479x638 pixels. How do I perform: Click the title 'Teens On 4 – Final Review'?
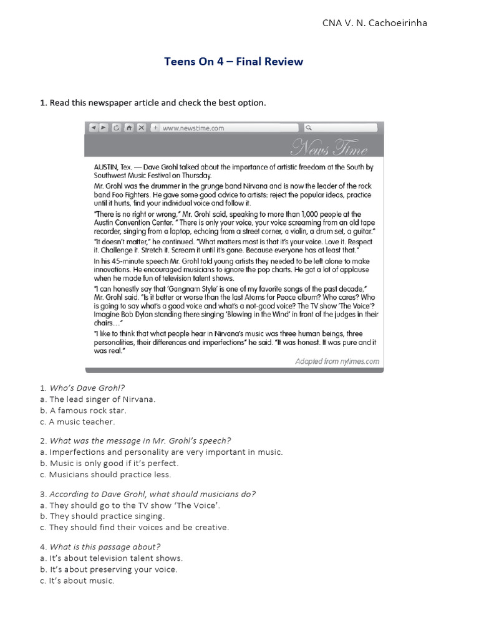click(x=233, y=61)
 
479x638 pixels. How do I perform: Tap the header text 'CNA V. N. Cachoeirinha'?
click(x=375, y=23)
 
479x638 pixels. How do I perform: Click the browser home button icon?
click(x=128, y=128)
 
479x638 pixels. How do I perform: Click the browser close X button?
click(x=141, y=128)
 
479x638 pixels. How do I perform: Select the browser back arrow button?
click(x=92, y=128)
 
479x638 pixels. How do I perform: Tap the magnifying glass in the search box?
click(x=308, y=128)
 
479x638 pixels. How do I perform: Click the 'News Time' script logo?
click(x=329, y=149)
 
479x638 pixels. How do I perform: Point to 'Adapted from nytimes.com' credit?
click(x=337, y=361)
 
